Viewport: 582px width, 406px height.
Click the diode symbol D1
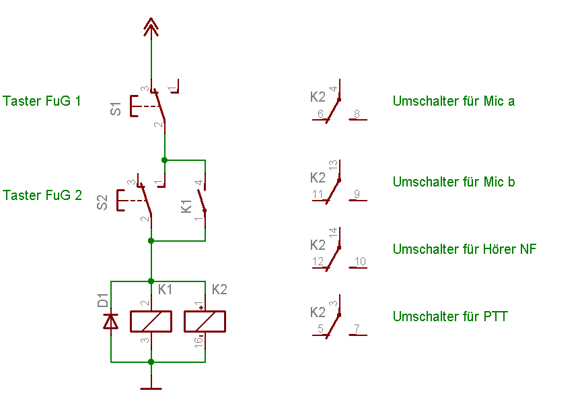[110, 322]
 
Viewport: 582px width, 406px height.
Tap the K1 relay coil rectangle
[151, 322]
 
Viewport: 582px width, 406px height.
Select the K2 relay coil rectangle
[205, 322]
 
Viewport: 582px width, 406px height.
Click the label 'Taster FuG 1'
[42, 102]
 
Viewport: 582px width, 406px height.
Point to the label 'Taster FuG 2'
[42, 196]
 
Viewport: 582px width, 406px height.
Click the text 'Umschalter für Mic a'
[453, 102]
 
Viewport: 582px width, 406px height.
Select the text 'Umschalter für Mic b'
[453, 182]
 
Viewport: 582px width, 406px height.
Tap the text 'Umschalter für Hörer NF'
[464, 250]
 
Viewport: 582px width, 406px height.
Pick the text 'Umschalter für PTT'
[450, 317]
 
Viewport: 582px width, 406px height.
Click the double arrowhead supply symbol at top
[151, 28]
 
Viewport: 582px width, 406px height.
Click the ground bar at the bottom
[151, 388]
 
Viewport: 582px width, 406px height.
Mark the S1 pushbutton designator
[116, 108]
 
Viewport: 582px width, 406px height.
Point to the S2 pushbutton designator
[102, 202]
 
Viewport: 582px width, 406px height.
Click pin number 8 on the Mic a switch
[357, 114]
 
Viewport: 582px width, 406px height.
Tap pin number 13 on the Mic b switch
[333, 166]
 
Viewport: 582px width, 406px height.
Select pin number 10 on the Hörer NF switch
[360, 262]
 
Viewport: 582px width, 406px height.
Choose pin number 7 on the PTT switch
[357, 329]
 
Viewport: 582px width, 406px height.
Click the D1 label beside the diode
[102, 300]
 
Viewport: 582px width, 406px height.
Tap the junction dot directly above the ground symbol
[151, 362]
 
